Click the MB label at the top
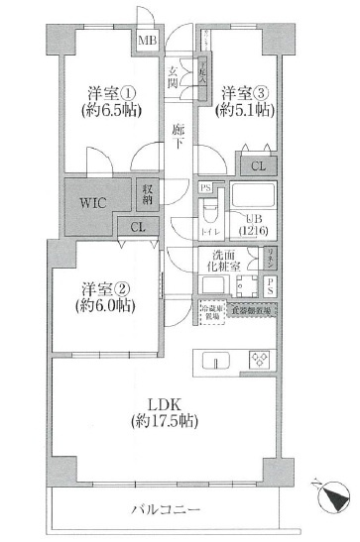(148, 42)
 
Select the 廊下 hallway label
(178, 138)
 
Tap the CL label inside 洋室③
(257, 166)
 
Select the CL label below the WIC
(137, 227)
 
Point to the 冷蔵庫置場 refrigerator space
(210, 310)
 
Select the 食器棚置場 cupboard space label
(256, 310)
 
